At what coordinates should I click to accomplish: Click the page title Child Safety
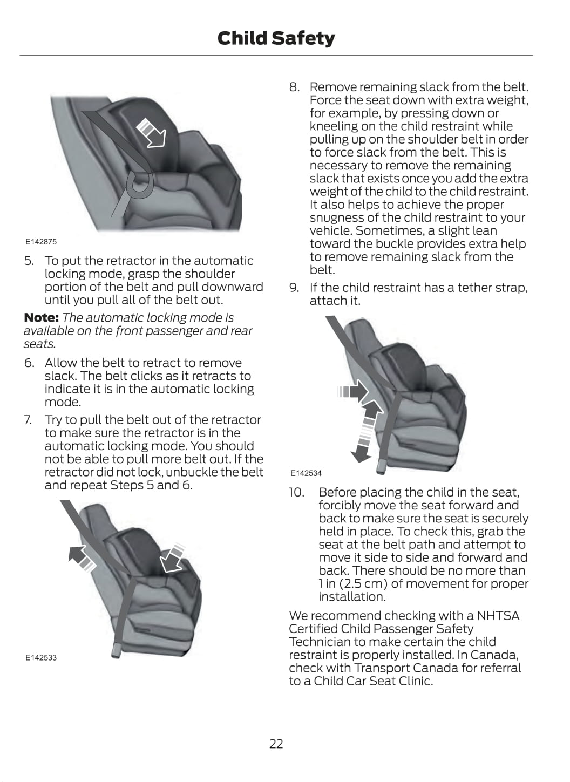coord(276,38)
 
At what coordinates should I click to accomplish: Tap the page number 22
coord(276,744)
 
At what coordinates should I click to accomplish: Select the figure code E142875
coord(40,242)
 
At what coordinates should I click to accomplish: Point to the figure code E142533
coord(40,657)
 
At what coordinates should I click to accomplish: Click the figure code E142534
coord(306,473)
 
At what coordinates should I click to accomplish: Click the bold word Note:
coord(41,318)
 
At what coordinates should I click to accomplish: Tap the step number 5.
coord(29,261)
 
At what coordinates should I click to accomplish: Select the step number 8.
coord(294,87)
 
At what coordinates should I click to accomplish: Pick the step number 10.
coord(296,493)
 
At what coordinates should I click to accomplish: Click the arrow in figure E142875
coord(152,133)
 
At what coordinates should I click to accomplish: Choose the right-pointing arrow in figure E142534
coord(351,391)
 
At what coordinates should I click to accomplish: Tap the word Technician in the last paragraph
coord(318,642)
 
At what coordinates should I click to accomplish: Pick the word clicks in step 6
coord(173,376)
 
